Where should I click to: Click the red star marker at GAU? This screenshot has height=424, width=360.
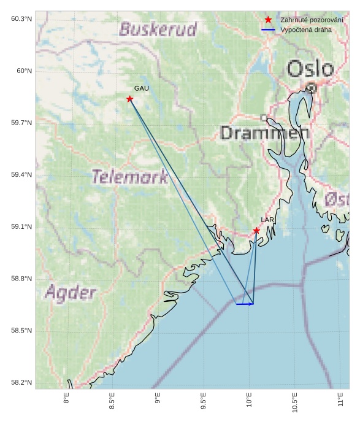pos(130,99)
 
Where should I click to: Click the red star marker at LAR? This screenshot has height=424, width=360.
pos(256,231)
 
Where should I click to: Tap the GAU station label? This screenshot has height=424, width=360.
pos(142,89)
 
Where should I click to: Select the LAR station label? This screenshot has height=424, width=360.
pos(267,220)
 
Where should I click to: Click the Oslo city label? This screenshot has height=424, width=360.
pos(311,69)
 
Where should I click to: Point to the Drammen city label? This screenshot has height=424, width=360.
pos(264,133)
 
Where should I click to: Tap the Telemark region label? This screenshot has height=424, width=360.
pos(130,177)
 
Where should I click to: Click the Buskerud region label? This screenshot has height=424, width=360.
pos(158,29)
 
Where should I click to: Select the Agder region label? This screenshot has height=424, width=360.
pos(71,292)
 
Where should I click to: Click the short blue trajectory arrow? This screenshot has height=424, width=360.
pos(245,304)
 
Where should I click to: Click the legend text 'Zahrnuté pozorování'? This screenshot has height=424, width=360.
pos(312,20)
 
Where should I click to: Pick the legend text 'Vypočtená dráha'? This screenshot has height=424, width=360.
pos(305,29)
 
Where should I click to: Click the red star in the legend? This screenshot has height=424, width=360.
pos(268,20)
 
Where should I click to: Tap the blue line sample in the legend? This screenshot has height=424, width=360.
pos(268,29)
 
